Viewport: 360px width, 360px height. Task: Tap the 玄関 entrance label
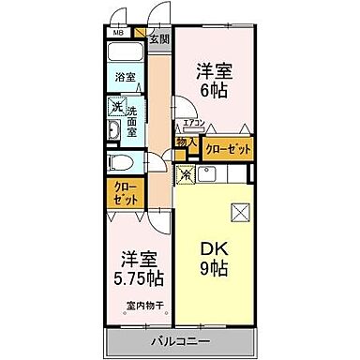(159, 40)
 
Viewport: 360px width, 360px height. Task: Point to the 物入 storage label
(187, 143)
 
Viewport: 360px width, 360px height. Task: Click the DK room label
(213, 248)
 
